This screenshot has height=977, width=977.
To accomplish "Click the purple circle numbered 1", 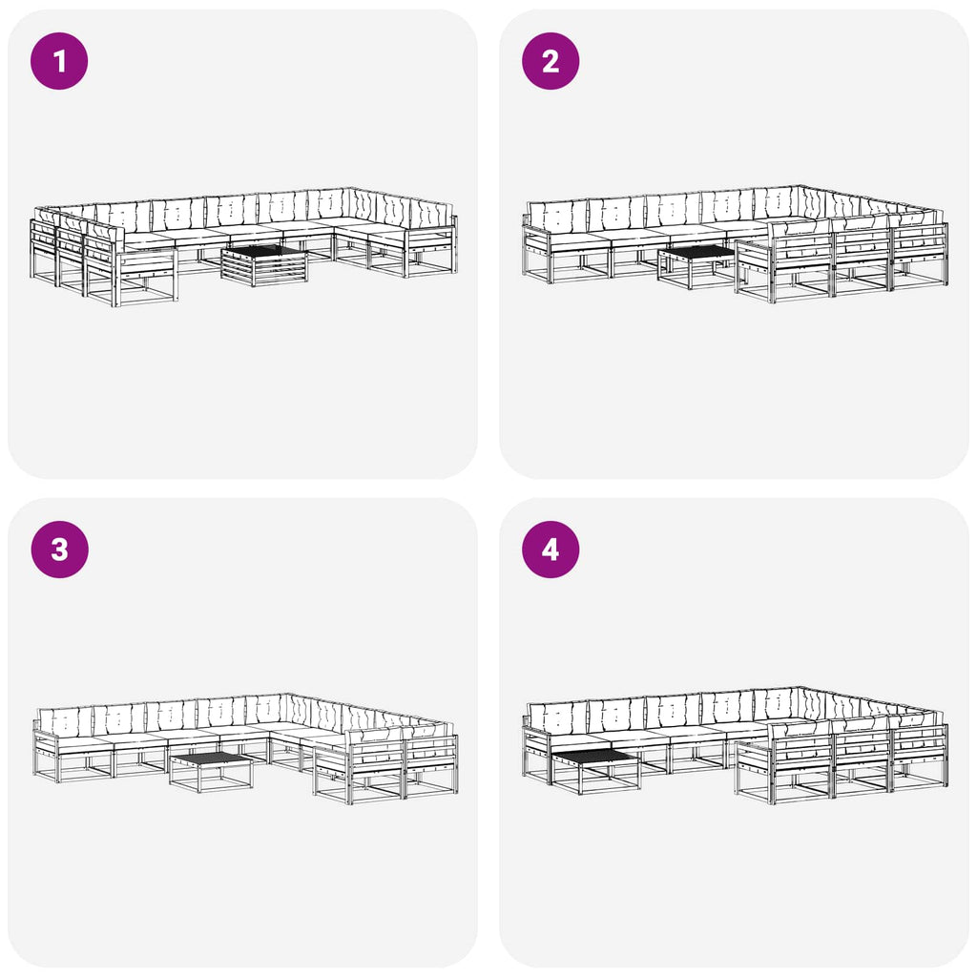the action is coord(59,61).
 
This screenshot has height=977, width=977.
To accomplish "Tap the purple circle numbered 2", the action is coord(551,61).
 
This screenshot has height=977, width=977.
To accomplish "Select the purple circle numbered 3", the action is coord(59,550).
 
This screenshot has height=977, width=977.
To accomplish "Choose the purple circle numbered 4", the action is coord(551,550).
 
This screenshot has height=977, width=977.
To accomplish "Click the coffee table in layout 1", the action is coord(265,265).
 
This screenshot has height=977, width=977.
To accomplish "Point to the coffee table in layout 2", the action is coord(696,266).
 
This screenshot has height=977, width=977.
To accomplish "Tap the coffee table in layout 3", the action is coord(211,771).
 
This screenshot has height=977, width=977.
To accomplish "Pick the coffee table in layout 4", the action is coord(595,771).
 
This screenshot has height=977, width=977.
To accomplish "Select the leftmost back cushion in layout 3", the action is coord(65,722).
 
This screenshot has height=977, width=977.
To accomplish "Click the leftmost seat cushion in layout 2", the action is coord(579,239).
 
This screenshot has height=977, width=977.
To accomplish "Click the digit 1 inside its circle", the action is coord(60,61).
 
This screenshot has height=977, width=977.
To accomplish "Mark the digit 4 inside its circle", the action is coord(551,550).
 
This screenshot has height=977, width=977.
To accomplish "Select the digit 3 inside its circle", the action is coord(59,550).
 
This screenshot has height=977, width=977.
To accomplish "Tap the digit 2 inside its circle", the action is coord(551,61).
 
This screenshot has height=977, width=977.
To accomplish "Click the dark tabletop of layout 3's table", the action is coord(211,759).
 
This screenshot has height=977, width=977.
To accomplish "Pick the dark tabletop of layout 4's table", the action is coord(594,757).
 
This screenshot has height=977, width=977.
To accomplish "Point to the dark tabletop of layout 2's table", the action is coord(697,252).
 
